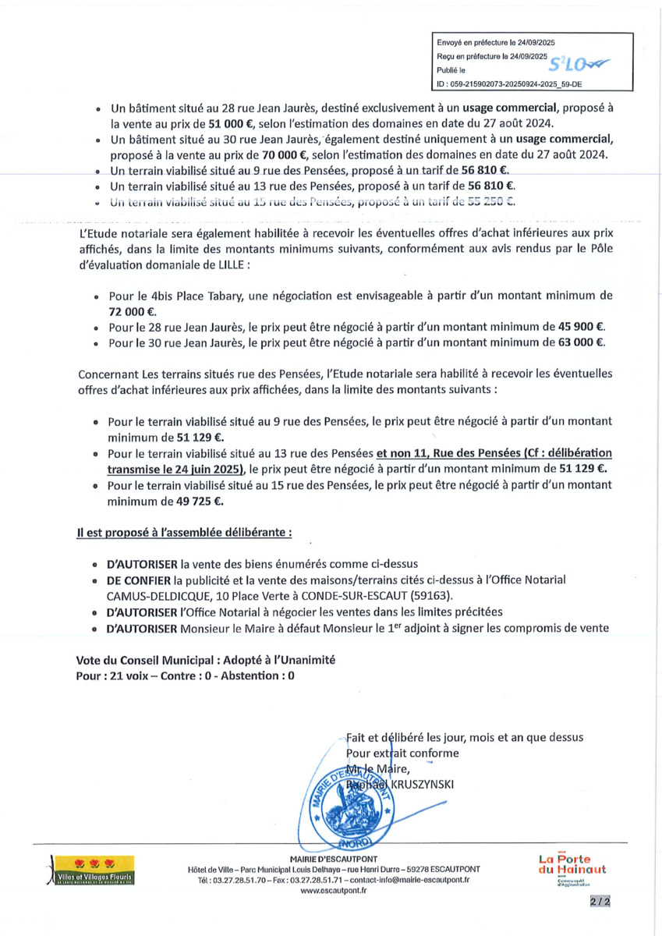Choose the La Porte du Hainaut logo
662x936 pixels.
click(x=572, y=868)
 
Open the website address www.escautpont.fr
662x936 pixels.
click(x=333, y=890)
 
